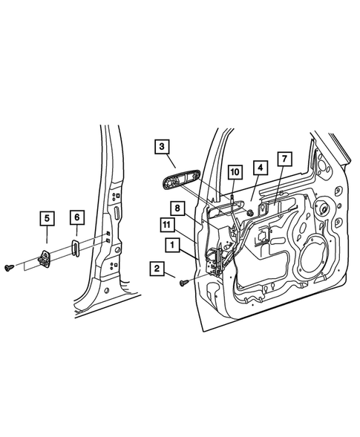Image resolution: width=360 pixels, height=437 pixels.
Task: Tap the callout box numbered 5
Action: pos(47,218)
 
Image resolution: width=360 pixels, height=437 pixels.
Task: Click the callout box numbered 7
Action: pos(284,159)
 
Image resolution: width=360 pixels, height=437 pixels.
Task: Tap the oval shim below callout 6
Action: pos(77,247)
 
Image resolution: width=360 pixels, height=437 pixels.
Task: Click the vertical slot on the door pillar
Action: pos(117,212)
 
